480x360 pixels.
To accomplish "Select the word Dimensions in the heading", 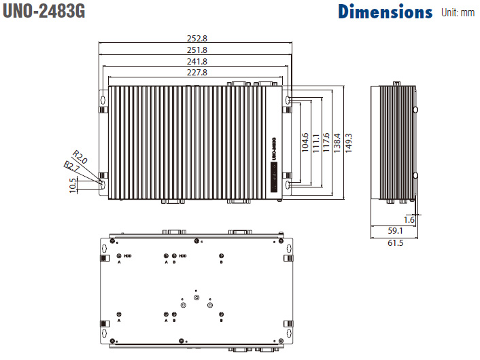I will (x=385, y=12).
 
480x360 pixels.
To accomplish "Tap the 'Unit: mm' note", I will (x=458, y=12).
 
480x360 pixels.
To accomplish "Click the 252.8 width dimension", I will (x=196, y=39).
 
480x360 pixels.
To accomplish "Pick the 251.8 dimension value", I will (x=196, y=50).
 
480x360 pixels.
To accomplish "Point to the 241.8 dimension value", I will (x=196, y=61).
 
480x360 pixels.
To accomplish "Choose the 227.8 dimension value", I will (x=196, y=72).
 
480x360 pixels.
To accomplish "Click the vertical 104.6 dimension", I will (x=305, y=142).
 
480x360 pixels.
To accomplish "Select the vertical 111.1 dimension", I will (x=315, y=142).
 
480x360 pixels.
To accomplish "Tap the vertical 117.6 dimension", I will (x=326, y=142).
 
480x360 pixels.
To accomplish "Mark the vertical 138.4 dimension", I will (x=337, y=142).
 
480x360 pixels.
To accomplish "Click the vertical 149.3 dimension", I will (x=349, y=142).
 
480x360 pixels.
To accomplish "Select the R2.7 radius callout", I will (x=71, y=166).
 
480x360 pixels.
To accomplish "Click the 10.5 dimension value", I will (x=73, y=185).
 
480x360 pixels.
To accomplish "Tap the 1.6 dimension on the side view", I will (x=409, y=220).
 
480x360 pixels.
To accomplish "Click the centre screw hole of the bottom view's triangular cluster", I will (x=196, y=298).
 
